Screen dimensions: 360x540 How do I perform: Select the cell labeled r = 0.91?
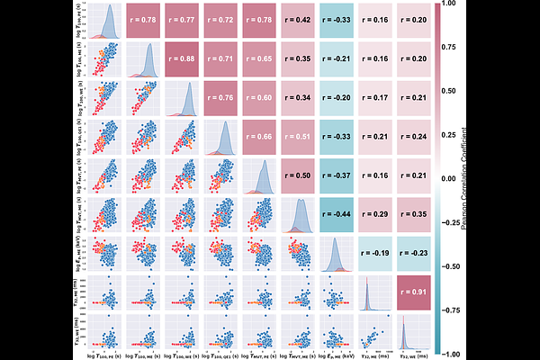click(x=415, y=292)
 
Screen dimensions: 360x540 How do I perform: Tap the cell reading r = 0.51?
click(x=299, y=138)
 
